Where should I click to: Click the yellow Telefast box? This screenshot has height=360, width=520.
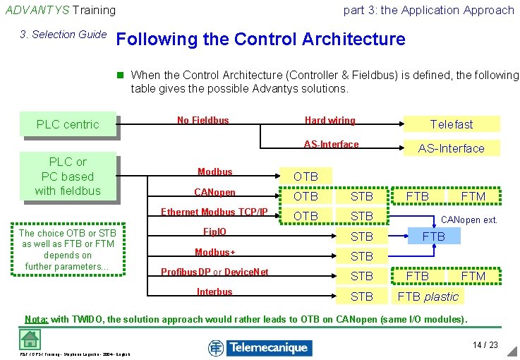tap(452, 124)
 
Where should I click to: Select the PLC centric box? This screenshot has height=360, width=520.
tap(68, 124)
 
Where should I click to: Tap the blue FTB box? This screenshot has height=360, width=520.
tap(434, 236)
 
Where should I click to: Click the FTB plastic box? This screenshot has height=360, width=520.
tap(428, 296)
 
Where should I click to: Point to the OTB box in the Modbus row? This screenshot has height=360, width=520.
tap(306, 176)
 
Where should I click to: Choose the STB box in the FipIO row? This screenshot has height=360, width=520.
tap(362, 236)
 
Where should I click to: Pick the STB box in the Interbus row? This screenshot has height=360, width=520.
tap(362, 296)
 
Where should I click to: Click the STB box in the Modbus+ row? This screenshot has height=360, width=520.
tap(362, 256)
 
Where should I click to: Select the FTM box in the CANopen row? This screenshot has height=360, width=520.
tap(473, 196)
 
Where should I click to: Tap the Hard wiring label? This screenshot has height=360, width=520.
tap(329, 121)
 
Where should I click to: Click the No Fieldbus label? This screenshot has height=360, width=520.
tap(202, 121)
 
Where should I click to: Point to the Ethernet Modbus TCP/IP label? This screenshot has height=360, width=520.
tap(214, 212)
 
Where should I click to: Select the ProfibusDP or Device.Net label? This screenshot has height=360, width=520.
tap(214, 272)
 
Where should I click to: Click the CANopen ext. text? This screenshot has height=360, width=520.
tap(469, 220)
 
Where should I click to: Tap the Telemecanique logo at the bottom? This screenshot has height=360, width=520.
tap(258, 347)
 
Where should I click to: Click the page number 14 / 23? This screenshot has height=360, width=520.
tap(485, 345)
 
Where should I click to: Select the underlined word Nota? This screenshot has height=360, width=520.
tap(36, 319)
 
